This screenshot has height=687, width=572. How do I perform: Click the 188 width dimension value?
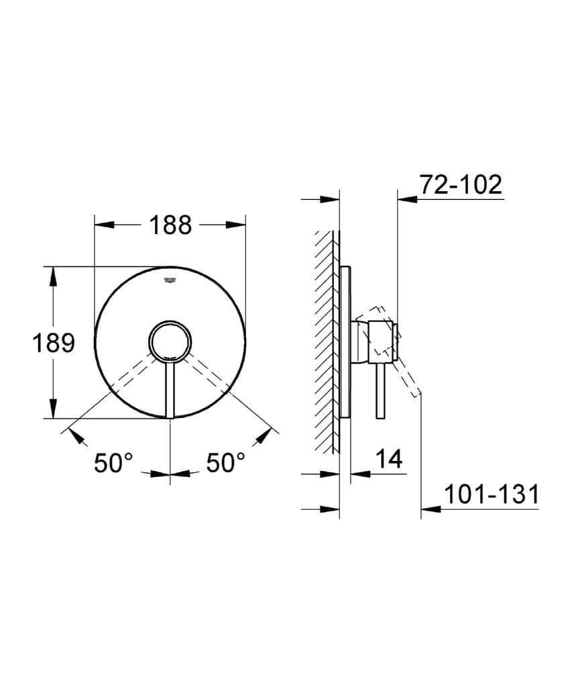tap(170, 225)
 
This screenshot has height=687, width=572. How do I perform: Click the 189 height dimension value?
tap(54, 343)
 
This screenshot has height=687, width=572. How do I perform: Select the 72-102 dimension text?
tap(461, 184)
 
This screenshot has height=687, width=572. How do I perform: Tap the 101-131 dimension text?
tap(492, 495)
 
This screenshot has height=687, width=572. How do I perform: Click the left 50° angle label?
tap(113, 463)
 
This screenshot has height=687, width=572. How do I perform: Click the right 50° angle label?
tap(225, 463)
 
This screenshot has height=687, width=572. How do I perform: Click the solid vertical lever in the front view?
tap(170, 389)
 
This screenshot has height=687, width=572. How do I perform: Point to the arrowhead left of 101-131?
tap(430, 509)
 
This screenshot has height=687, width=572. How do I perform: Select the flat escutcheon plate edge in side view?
tap(345, 342)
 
